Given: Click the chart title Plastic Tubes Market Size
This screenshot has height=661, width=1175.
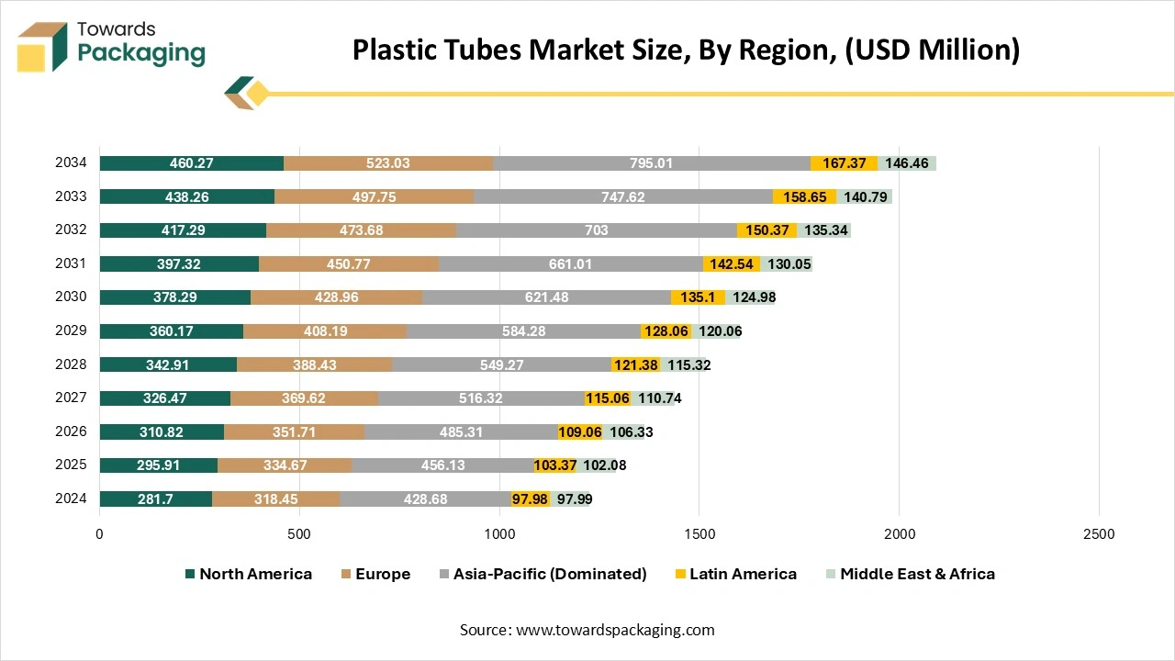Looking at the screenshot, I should (x=686, y=50).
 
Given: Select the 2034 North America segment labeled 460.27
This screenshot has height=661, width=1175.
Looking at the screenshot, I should (x=191, y=163).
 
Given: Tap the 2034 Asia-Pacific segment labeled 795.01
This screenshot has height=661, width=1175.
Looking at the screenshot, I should (x=652, y=163).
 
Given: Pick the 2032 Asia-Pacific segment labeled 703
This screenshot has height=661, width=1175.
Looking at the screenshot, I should (x=597, y=230).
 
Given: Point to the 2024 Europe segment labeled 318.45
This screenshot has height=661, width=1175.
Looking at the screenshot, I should (x=275, y=499).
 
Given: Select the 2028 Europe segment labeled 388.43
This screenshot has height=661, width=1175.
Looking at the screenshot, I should (x=314, y=364).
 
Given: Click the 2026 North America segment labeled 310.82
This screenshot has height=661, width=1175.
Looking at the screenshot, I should (x=162, y=431).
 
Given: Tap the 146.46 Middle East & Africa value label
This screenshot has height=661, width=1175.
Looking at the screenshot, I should (x=907, y=163).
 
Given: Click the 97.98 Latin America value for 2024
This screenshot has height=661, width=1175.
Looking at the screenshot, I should (x=531, y=499).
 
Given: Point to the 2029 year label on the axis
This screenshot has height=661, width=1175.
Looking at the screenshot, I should (x=71, y=330).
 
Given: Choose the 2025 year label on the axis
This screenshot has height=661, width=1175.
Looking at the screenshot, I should (x=71, y=465).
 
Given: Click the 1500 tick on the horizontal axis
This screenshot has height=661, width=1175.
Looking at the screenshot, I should (x=699, y=533).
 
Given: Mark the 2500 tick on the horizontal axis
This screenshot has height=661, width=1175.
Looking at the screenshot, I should (x=1099, y=533).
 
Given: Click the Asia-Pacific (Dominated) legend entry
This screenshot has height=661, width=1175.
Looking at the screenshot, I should (x=543, y=574).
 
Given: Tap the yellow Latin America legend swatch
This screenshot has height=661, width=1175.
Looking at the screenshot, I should (x=679, y=574).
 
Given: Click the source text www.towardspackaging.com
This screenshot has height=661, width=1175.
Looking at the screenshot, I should (x=616, y=630).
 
